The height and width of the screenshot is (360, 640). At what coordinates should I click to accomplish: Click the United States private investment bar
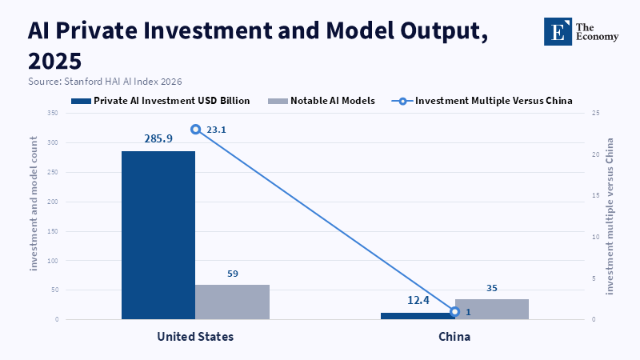pyautogui.click(x=158, y=235)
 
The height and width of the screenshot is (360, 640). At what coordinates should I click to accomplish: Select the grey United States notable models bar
pyautogui.click(x=232, y=302)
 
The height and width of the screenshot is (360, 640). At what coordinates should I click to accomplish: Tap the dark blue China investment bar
pyautogui.click(x=418, y=316)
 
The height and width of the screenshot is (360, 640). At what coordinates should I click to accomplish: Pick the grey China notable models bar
pyautogui.click(x=492, y=309)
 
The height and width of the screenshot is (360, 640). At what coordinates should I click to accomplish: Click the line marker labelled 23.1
pyautogui.click(x=196, y=130)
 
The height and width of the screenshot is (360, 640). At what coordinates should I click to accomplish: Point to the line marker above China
pyautogui.click(x=454, y=312)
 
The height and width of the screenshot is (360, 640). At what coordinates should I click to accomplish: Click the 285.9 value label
pyautogui.click(x=158, y=138)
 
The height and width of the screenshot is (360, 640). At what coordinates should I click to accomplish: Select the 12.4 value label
pyautogui.click(x=418, y=301)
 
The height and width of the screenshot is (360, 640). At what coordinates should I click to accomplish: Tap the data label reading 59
pyautogui.click(x=233, y=274)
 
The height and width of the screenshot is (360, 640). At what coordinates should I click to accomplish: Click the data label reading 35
pyautogui.click(x=492, y=288)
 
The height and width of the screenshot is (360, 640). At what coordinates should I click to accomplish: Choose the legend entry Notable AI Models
pyautogui.click(x=322, y=101)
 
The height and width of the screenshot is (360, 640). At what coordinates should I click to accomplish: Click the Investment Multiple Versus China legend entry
pyautogui.click(x=482, y=101)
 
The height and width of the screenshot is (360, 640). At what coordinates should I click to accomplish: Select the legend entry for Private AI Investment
pyautogui.click(x=161, y=101)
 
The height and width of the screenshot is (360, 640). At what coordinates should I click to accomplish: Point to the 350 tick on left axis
pyautogui.click(x=53, y=113)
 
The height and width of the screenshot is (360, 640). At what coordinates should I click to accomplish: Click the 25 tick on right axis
pyautogui.click(x=595, y=113)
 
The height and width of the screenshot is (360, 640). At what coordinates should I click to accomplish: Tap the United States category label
pyautogui.click(x=195, y=337)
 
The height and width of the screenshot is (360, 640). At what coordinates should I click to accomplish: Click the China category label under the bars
pyautogui.click(x=454, y=337)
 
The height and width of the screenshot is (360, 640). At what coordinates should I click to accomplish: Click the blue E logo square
pyautogui.click(x=558, y=31)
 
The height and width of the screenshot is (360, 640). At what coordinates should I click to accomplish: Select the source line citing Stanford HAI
pyautogui.click(x=105, y=82)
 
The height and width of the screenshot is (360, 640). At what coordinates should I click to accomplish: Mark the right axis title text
pyautogui.click(x=610, y=216)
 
